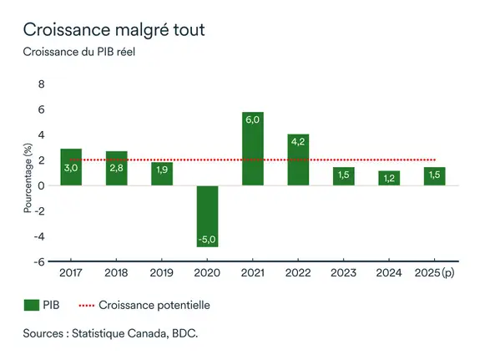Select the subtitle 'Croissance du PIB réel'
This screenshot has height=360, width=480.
click(x=78, y=53)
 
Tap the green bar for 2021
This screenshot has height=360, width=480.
click(x=253, y=149)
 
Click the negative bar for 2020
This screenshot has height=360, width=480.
click(x=207, y=215)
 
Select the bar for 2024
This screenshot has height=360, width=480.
click(x=389, y=178)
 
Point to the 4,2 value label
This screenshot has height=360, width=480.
click(x=298, y=141)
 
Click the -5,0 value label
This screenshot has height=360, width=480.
click(x=207, y=240)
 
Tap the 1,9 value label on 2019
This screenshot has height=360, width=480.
click(x=162, y=170)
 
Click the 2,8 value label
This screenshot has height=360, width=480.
click(x=117, y=168)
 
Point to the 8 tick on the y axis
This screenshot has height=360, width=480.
click(x=41, y=85)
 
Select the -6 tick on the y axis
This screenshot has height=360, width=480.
click(x=38, y=261)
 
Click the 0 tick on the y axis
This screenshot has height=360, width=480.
click(x=41, y=186)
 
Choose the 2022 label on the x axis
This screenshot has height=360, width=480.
click(x=298, y=273)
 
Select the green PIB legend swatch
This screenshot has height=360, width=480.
click(x=31, y=305)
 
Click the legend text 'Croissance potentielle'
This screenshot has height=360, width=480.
click(x=156, y=305)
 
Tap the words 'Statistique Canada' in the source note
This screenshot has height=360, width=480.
click(x=124, y=333)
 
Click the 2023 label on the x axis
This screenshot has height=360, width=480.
click(x=344, y=273)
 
